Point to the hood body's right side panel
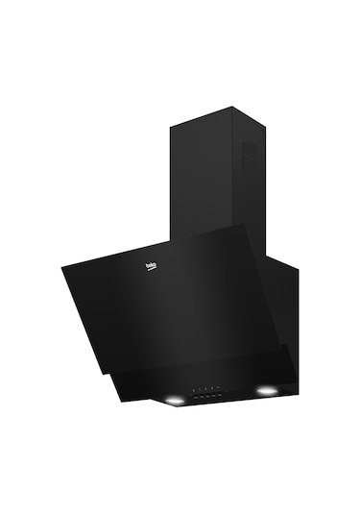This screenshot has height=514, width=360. (285, 307)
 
